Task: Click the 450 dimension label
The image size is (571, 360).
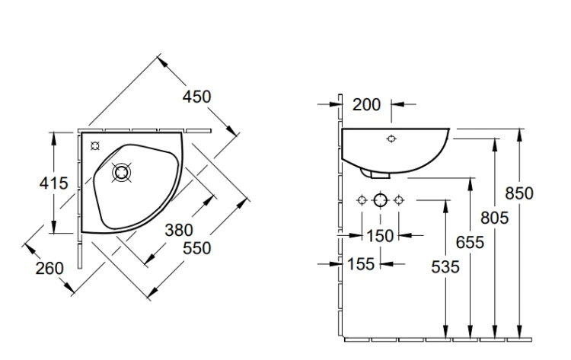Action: point(196,97)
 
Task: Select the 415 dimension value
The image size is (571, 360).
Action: point(53,183)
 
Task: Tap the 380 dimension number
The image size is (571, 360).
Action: point(179,230)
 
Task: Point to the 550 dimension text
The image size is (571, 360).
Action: point(197,248)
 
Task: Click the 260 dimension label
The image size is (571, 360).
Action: point(49,268)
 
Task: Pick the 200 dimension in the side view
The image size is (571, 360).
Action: point(367,105)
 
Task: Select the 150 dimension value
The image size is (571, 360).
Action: point(380,236)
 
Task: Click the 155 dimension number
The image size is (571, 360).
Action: point(361,264)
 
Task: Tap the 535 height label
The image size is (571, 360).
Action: point(445,267)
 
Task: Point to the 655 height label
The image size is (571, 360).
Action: point(470,243)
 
